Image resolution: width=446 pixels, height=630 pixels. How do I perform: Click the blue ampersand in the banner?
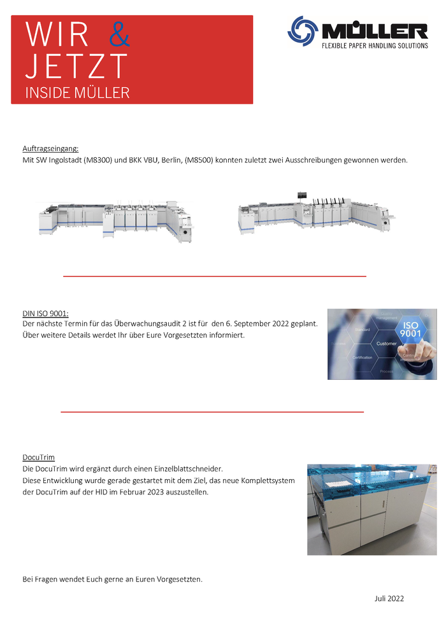[x=119, y=35]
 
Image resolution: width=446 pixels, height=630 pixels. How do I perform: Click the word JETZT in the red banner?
[x=76, y=66]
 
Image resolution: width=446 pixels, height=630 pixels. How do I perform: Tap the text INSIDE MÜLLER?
[x=77, y=92]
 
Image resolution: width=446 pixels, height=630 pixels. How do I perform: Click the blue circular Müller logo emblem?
[x=303, y=31]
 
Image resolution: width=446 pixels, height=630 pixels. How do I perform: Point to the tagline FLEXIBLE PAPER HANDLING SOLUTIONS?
[x=375, y=46]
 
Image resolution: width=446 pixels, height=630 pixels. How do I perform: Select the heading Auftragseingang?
[x=50, y=148]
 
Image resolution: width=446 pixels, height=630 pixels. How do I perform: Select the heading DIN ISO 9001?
[x=45, y=314]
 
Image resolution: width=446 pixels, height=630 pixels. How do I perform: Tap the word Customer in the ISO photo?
[x=386, y=344]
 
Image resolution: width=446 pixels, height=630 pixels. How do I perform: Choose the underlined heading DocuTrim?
[x=38, y=458]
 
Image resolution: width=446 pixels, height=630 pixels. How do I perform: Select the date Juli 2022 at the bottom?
[x=389, y=598]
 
